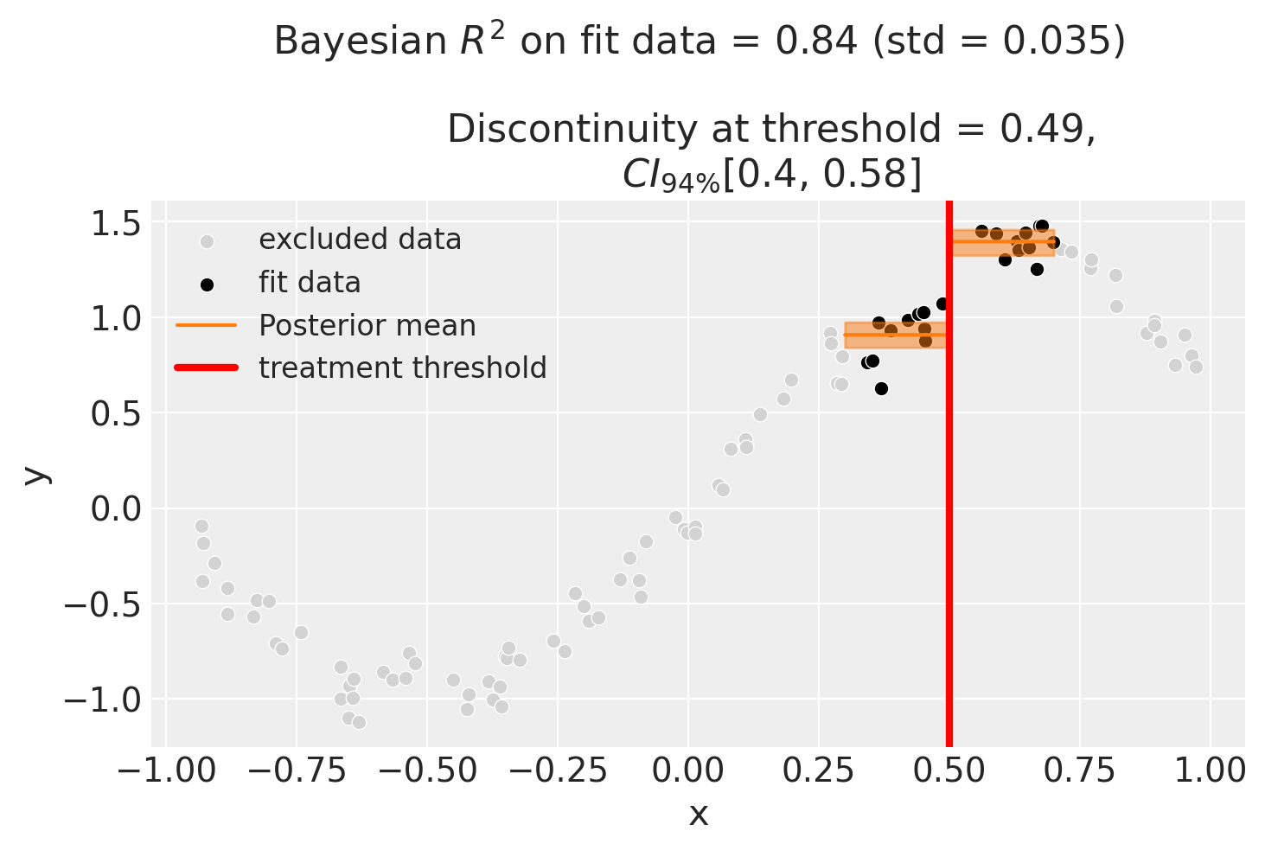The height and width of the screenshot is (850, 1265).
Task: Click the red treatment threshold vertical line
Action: point(949,519)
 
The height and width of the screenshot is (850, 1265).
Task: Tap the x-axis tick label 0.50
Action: point(949,771)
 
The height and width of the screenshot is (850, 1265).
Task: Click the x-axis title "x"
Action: point(698,814)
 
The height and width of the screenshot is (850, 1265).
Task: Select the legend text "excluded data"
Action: point(360,240)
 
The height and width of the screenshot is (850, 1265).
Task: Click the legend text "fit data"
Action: point(310,283)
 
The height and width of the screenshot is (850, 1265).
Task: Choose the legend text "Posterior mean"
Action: point(367,325)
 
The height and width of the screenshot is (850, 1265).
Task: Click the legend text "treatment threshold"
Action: point(403,368)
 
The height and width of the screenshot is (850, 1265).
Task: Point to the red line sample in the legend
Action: point(206,368)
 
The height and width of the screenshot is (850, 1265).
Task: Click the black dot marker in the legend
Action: point(206,284)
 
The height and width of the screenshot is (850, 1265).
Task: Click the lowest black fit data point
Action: point(881,388)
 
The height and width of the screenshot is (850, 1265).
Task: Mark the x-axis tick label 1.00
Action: point(1210,771)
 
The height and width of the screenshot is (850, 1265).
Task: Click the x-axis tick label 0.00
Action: point(687,771)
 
